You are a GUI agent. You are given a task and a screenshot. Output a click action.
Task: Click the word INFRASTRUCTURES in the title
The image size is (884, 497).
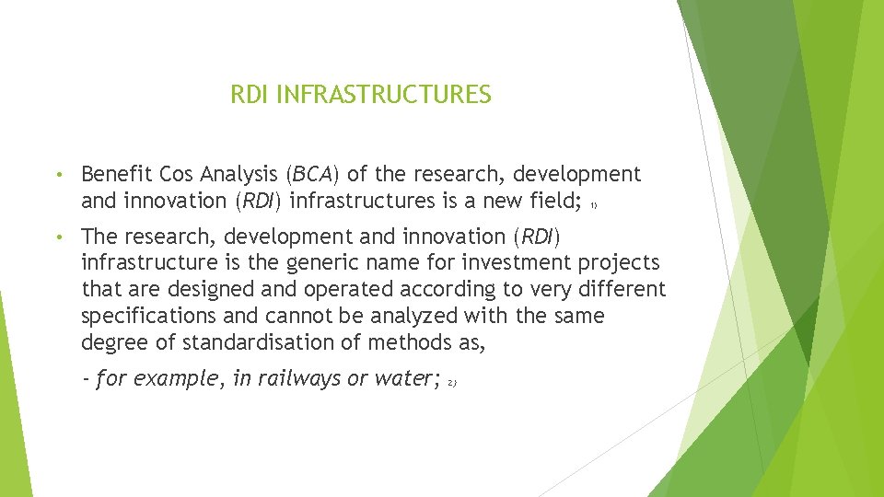[x=383, y=95]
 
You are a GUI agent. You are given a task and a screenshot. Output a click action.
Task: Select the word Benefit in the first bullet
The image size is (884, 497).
[x=117, y=174]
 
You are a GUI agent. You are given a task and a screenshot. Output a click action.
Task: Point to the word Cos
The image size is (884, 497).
[x=178, y=174]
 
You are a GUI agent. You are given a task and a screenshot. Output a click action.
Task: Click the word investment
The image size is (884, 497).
[x=482, y=262]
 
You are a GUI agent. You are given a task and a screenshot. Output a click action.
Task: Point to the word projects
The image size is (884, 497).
[x=618, y=263]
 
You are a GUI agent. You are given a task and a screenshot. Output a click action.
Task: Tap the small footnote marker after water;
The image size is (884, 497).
[x=452, y=382]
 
